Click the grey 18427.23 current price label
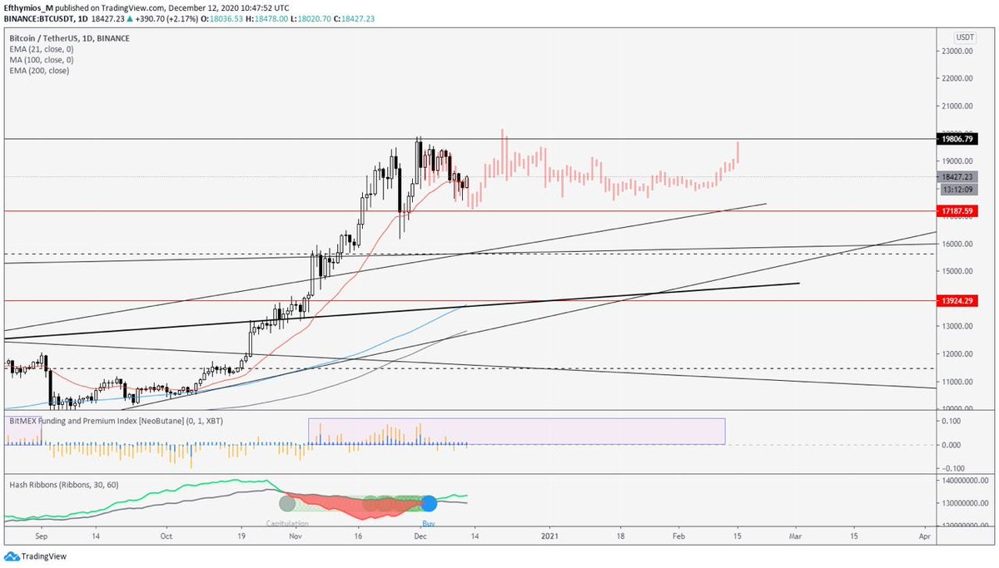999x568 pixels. (956, 177)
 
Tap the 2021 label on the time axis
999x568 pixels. (549, 538)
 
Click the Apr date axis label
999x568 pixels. (924, 538)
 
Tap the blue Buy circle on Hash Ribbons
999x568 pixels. (429, 503)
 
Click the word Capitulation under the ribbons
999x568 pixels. (287, 523)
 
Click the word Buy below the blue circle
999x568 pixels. (429, 523)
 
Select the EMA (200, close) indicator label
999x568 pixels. (39, 71)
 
